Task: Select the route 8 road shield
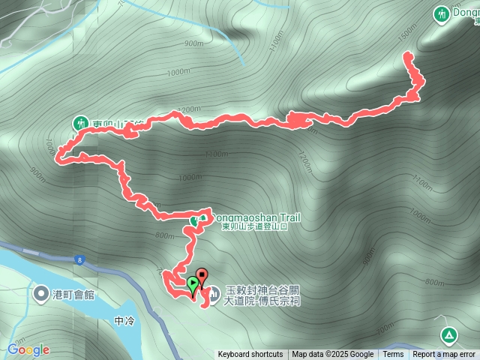coord(79,259)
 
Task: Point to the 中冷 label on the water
coord(124,321)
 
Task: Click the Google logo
coord(28,349)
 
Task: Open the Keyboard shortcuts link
coord(250,355)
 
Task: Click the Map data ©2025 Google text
coord(333,355)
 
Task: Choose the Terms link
coord(393,355)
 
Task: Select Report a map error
coord(444,355)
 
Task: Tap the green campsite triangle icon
coord(448,334)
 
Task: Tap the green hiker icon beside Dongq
coord(443,13)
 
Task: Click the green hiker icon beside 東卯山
coord(79,122)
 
